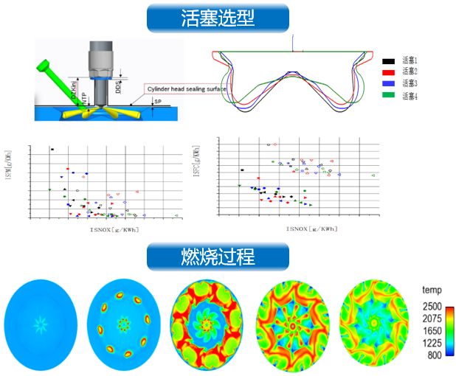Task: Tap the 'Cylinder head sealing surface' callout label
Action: (x=184, y=89)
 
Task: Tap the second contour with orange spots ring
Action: (x=123, y=322)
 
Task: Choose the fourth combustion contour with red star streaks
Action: (x=293, y=322)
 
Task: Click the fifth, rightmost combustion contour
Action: (x=376, y=322)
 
